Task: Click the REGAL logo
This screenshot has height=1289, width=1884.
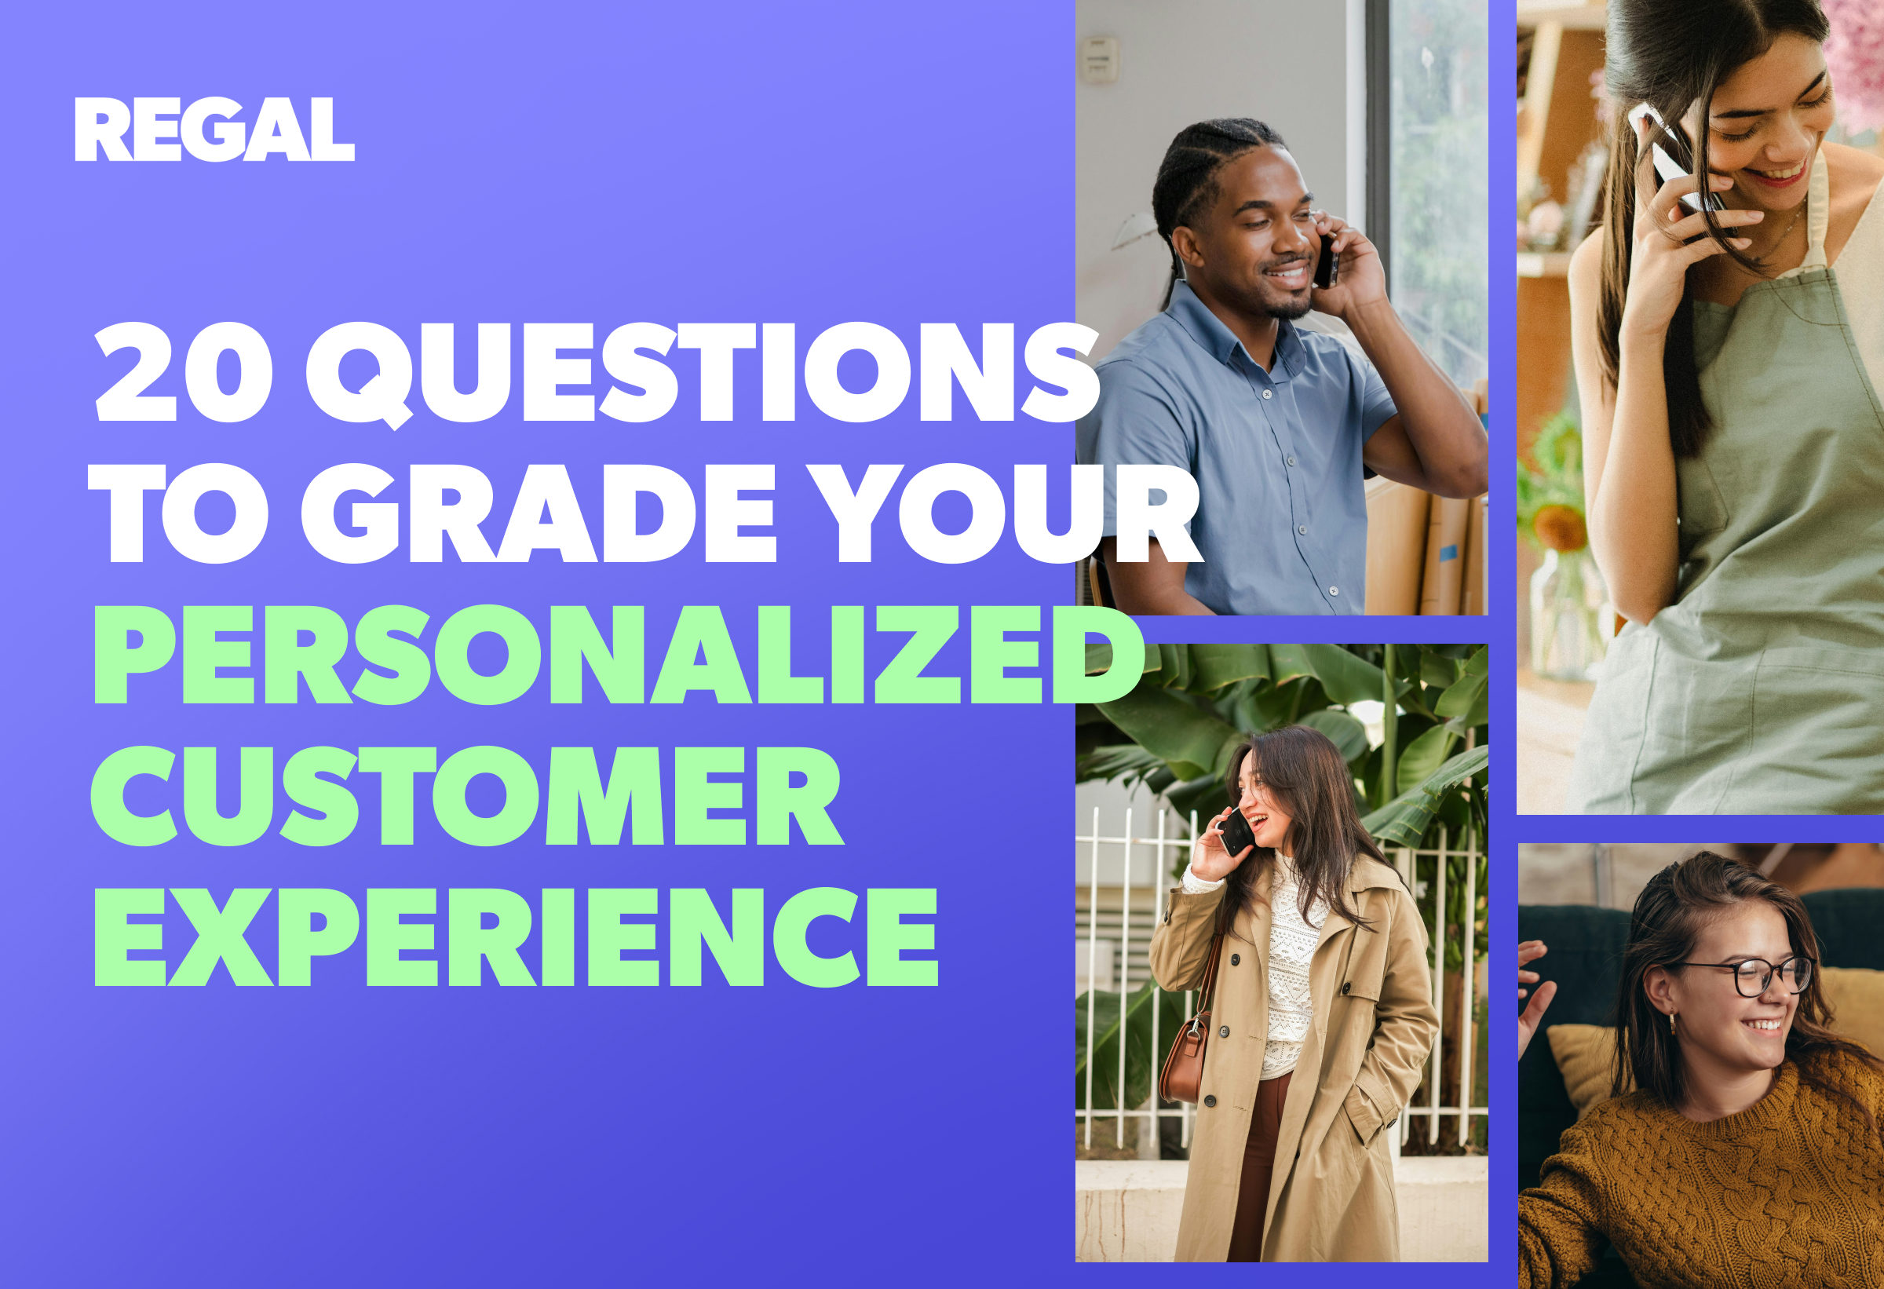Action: tap(215, 130)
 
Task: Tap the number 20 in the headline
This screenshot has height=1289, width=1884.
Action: tap(184, 372)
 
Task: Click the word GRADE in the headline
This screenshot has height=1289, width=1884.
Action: tap(539, 513)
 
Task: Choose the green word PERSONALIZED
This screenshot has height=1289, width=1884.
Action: tap(619, 654)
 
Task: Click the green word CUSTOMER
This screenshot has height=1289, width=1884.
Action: tap(468, 795)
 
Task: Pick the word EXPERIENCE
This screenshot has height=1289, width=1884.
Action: tap(517, 937)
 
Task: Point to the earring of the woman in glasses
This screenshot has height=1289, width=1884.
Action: tap(1672, 1023)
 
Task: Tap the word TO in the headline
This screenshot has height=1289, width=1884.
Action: tap(178, 513)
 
